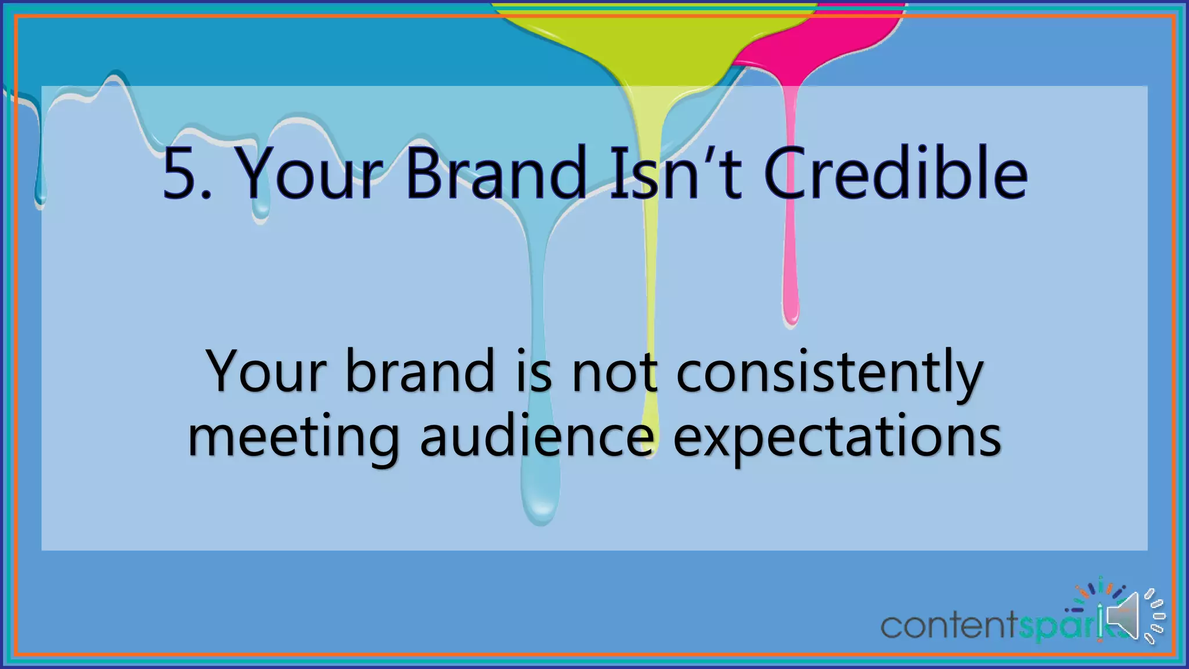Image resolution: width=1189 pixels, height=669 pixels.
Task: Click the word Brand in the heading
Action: [496, 174]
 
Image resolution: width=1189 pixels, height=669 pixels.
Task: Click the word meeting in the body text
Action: [294, 437]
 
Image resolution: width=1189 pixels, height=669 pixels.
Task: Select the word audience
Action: [536, 437]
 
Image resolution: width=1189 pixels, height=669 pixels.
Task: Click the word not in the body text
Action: [615, 372]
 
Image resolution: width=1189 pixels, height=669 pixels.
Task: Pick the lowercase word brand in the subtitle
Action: [420, 372]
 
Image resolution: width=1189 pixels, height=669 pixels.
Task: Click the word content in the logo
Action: [949, 626]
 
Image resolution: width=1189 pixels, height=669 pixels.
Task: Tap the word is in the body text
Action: [534, 372]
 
